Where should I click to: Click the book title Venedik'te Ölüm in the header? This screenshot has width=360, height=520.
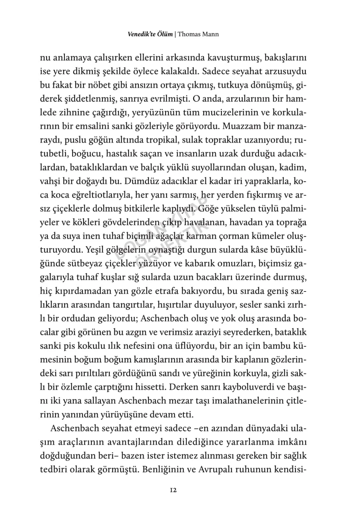pyautogui.click(x=150, y=34)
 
